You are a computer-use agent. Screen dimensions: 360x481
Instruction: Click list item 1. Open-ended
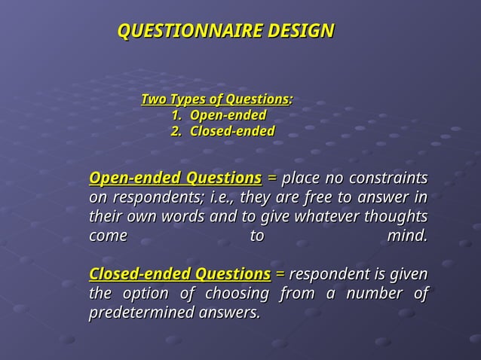tap(218, 115)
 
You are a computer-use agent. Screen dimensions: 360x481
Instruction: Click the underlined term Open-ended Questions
tap(175, 178)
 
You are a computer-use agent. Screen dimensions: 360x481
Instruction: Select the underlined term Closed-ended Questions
tap(179, 273)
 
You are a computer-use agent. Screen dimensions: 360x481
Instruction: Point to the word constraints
tap(388, 178)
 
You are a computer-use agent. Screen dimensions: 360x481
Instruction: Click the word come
tap(108, 236)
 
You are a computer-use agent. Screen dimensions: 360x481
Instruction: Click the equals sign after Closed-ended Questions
tap(280, 273)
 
